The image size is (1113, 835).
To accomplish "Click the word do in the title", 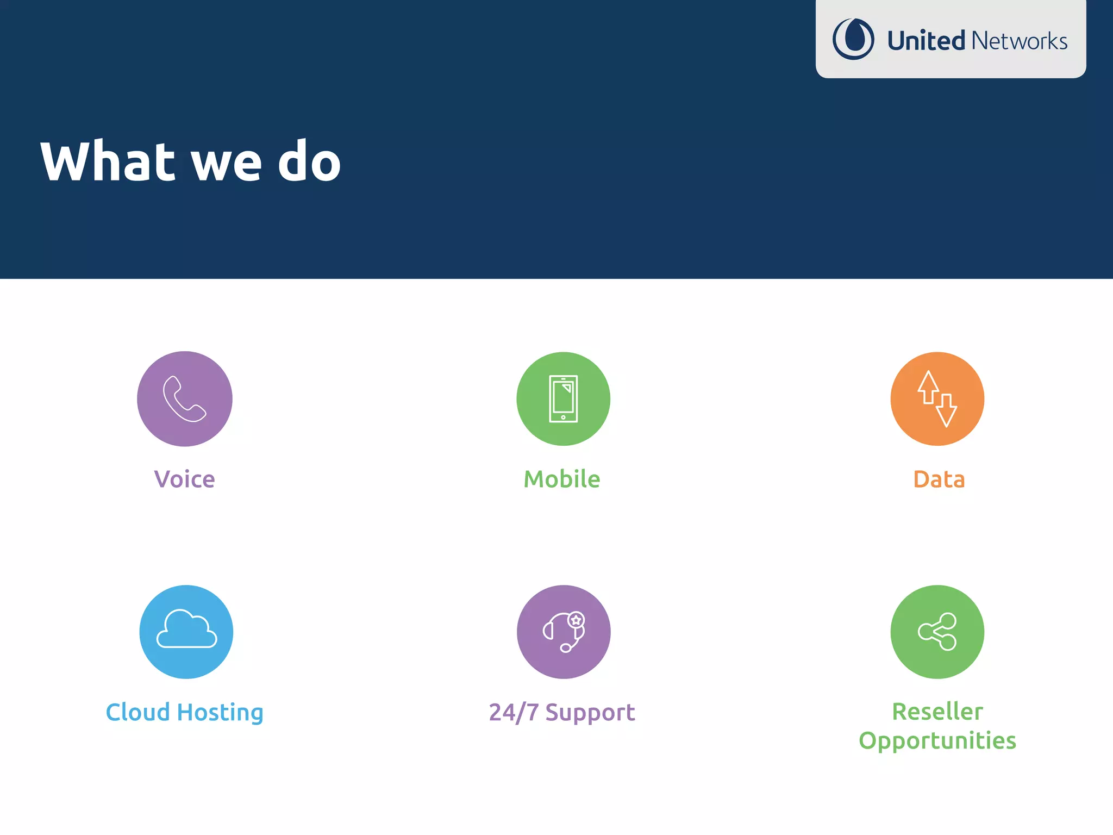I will tap(309, 161).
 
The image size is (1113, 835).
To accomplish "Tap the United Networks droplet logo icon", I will tap(853, 39).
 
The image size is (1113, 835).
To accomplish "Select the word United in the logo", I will tap(926, 41).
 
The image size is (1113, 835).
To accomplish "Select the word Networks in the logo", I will tap(1020, 41).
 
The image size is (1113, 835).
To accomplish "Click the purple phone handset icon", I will tap(184, 399).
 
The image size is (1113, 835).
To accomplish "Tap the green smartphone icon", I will tap(563, 399).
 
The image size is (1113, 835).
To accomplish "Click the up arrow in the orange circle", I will tap(928, 387).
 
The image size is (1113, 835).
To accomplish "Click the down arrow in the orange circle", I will tap(946, 411).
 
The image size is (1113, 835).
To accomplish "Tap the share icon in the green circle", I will tap(937, 632).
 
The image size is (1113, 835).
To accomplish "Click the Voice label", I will tap(184, 479).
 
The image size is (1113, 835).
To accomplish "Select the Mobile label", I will tap(562, 479).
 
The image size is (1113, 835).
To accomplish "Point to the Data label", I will tap(939, 479).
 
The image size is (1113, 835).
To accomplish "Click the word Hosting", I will tap(220, 713).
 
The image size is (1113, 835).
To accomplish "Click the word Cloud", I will tap(138, 712).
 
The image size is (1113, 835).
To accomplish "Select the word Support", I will tap(590, 713).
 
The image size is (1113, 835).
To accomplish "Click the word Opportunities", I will tap(937, 741).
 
